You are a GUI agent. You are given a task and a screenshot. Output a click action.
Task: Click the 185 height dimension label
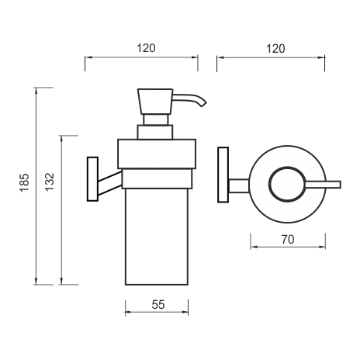tap(25, 182)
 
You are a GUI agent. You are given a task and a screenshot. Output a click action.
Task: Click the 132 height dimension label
tap(50, 182)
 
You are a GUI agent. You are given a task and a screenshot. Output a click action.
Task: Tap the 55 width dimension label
tap(158, 305)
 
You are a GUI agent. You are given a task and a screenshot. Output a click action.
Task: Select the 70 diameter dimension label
tap(288, 240)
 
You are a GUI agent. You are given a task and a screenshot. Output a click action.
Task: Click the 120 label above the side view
tap(146, 48)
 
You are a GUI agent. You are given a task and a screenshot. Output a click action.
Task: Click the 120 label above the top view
tap(275, 49)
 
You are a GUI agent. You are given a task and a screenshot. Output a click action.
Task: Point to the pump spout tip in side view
tap(203, 105)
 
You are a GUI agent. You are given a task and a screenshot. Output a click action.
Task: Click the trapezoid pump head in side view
tap(155, 102)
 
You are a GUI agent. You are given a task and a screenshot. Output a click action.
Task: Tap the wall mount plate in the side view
tap(92, 179)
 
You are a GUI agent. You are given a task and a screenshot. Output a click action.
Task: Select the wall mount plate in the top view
tap(223, 175)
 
